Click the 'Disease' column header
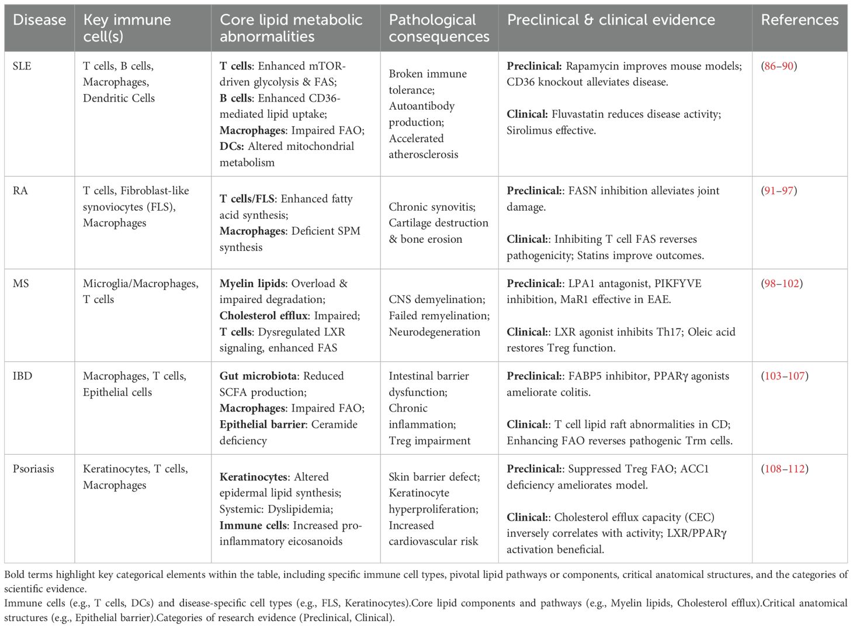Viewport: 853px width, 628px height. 39,20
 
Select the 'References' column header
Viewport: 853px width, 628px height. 799,20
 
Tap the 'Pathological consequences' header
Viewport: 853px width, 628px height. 439,28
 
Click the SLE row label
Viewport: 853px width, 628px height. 22,66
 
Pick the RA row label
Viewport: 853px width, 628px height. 20,191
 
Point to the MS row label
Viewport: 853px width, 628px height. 20,284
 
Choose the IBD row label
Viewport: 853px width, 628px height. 22,376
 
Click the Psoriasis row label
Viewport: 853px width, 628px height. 33,469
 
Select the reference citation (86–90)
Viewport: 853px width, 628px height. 779,66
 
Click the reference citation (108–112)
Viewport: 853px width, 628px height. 785,469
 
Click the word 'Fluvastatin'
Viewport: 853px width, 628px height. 581,114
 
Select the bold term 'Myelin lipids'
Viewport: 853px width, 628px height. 252,284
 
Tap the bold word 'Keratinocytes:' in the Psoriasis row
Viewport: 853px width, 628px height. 254,477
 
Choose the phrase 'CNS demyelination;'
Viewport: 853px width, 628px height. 437,299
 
